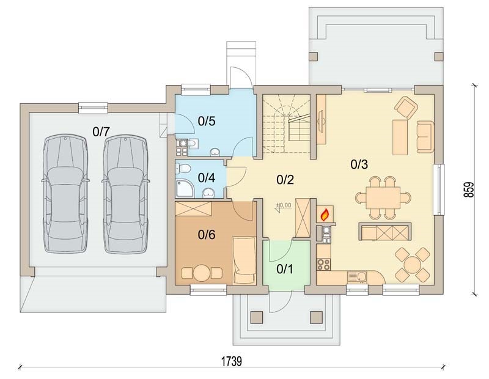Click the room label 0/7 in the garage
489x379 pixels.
pos(101,132)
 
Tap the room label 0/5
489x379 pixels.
pos(207,122)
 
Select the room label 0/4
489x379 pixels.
pos(207,178)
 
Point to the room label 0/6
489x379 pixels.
pos(207,235)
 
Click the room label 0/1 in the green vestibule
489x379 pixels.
pos(285,269)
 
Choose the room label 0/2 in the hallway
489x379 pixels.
pos(285,179)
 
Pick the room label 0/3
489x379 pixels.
pos(359,164)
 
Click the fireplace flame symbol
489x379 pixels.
pos(325,214)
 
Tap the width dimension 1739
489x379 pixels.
pos(232,361)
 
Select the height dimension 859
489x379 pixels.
pos(468,189)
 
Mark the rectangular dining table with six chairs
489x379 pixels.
pos(383,197)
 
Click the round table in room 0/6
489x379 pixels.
pos(202,273)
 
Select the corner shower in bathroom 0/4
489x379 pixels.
pos(184,188)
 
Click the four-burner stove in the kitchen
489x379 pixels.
pos(323,264)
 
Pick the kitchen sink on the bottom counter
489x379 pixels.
pos(358,277)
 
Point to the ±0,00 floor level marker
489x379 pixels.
pos(283,206)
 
